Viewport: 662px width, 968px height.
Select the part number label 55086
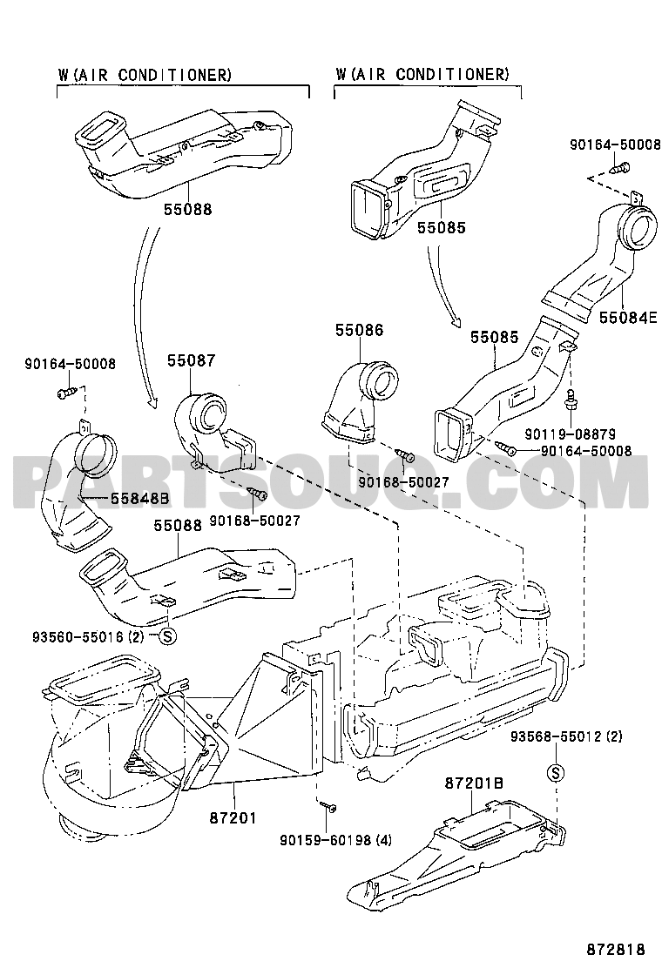coord(359,331)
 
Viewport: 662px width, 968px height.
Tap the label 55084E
coord(627,318)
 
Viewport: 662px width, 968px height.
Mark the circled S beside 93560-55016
coord(169,636)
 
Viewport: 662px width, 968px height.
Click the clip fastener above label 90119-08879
coord(571,400)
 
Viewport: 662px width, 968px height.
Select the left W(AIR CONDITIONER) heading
coord(145,75)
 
